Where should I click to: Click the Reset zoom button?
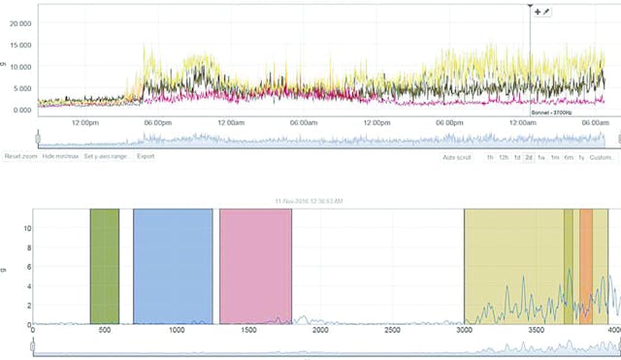pos(20,156)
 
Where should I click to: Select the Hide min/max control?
pos(60,156)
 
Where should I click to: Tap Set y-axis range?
pos(105,156)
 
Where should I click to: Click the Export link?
pos(146,156)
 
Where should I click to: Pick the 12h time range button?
pos(505,157)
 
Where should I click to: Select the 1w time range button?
pos(541,157)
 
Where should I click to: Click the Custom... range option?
pos(602,157)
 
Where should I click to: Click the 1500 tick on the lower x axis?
pos(247,331)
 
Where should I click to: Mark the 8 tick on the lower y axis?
pos(28,248)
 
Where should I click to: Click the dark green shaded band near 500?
pos(104,265)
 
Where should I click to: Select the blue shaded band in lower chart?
pos(173,265)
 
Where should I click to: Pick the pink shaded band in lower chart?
pos(255,265)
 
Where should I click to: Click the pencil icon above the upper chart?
pos(547,11)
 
